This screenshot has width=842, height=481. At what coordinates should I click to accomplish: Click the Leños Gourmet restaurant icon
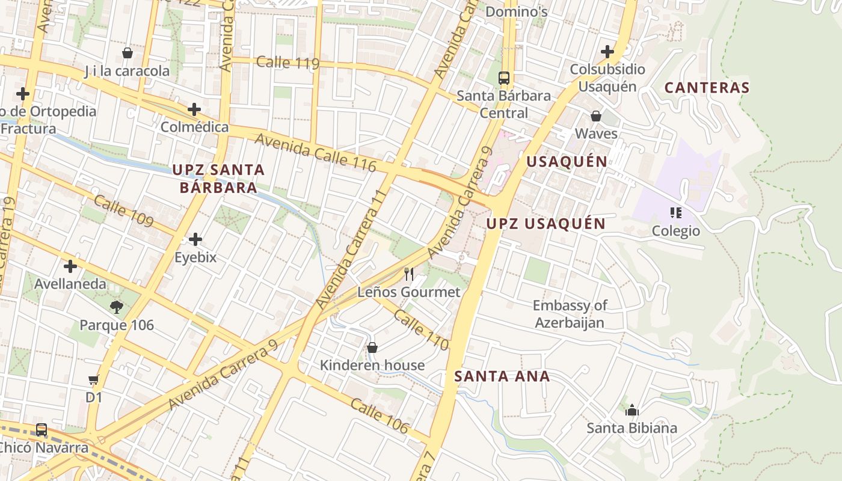(409, 274)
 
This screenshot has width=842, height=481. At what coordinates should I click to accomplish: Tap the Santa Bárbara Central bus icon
(504, 78)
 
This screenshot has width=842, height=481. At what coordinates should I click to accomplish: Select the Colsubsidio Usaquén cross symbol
(607, 52)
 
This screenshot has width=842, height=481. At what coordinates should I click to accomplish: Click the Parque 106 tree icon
(117, 307)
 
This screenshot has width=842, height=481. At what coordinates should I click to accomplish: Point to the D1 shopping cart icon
(93, 380)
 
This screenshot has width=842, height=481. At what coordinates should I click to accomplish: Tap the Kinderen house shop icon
(372, 348)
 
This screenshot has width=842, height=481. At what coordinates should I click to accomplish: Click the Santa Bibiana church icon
(632, 411)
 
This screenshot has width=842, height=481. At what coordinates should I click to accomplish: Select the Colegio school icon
(676, 213)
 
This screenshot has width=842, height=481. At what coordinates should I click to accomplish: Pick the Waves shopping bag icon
(596, 116)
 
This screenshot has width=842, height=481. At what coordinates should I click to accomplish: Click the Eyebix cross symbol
(195, 239)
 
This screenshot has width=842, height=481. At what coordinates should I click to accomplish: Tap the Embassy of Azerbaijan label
(570, 314)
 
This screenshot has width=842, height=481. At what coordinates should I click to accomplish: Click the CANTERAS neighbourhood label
(707, 88)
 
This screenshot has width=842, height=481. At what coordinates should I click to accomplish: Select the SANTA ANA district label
(502, 376)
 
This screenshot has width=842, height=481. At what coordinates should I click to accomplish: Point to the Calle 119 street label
(287, 63)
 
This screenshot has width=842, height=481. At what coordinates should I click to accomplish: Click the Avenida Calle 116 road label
(316, 153)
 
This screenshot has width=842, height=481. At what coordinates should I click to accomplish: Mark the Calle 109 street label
(124, 212)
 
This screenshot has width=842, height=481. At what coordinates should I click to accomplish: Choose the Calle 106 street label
(380, 415)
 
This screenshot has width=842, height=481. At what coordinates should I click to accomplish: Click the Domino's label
(516, 11)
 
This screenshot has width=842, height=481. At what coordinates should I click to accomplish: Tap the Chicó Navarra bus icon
(41, 430)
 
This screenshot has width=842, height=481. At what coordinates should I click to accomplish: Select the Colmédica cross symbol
(194, 109)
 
